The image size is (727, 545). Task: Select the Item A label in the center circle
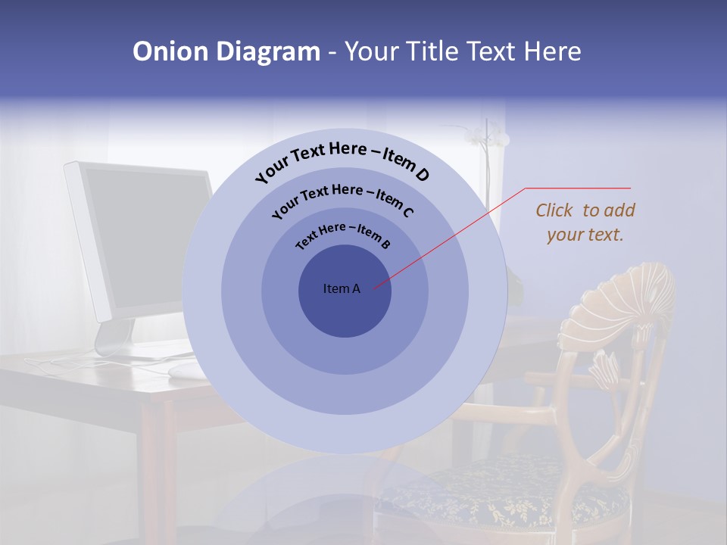click(342, 288)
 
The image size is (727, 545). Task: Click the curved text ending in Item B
click(342, 235)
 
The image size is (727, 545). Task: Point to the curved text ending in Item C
click(342, 198)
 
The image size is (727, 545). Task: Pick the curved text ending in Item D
click(342, 160)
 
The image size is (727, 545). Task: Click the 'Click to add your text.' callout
click(585, 223)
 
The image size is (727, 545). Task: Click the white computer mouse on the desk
click(186, 369)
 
